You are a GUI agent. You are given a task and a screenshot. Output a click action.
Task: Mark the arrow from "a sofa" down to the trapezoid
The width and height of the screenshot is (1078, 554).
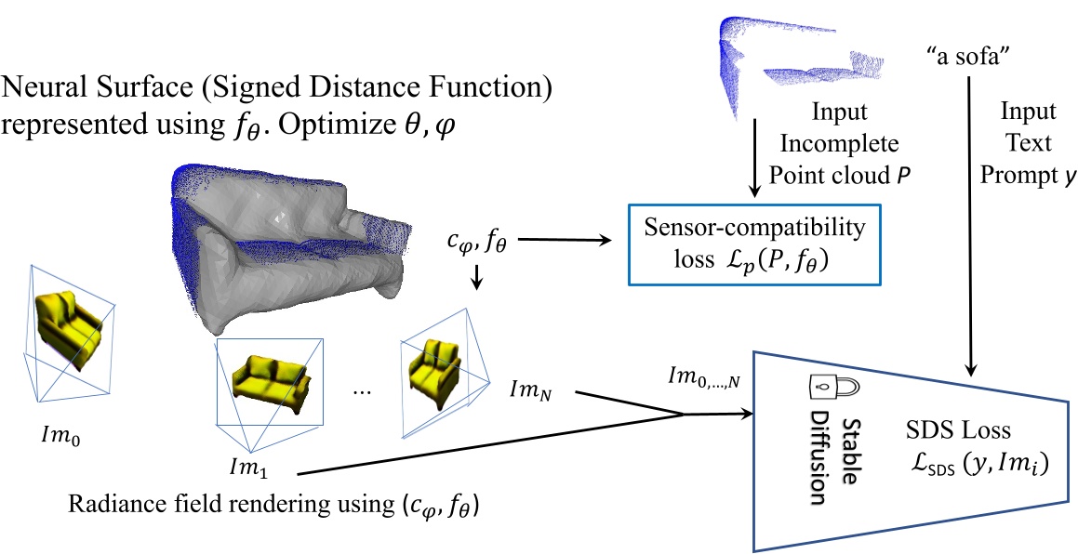pyautogui.click(x=971, y=223)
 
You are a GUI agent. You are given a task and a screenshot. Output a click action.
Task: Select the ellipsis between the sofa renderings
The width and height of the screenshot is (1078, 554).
pyautogui.click(x=364, y=391)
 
